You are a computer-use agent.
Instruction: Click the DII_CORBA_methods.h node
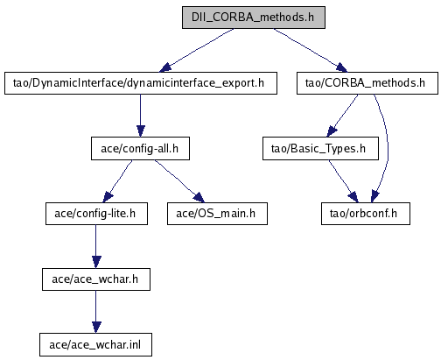point(254,18)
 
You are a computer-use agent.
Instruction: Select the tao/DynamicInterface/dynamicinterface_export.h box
point(141,83)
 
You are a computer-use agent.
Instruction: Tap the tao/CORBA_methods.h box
point(367,83)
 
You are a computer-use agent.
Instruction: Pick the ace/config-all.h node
point(140,149)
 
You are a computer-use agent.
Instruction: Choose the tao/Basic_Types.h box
point(320,149)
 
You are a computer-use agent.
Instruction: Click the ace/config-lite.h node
point(96,214)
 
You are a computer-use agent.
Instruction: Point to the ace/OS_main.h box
point(217,214)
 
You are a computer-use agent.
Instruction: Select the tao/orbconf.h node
point(366,214)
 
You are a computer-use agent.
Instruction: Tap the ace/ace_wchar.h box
point(96,279)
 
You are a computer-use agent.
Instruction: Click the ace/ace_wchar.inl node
point(95,345)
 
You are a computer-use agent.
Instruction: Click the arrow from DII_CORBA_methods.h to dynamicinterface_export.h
point(197,50)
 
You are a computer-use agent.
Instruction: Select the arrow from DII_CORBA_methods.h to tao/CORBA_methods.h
point(311,50)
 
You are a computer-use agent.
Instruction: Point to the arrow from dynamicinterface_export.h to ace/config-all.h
point(141,116)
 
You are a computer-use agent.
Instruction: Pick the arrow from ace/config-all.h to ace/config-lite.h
point(117,181)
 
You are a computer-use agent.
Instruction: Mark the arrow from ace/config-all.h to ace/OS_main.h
point(179,181)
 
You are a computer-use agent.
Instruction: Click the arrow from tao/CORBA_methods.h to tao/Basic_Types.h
point(342,116)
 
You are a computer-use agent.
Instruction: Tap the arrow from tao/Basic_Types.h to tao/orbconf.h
point(344,181)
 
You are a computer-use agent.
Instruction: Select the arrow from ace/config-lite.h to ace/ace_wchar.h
point(96,247)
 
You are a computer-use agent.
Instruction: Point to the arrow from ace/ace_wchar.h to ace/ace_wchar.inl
point(96,312)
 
